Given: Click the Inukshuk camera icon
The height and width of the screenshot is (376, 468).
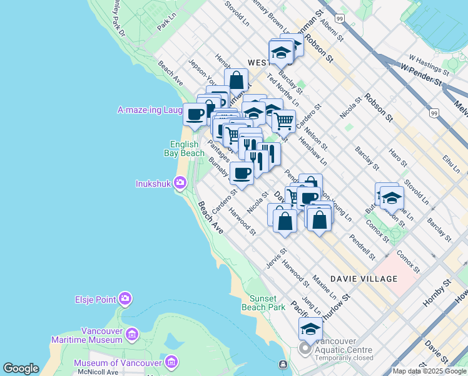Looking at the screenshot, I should (180, 183).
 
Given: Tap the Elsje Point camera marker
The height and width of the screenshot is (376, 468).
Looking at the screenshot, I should (126, 299).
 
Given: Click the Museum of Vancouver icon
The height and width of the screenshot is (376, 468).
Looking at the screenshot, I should (172, 363).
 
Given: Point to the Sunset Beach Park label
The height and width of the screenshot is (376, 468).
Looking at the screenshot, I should (268, 302).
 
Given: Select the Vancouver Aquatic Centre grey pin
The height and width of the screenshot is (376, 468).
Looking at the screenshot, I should (305, 348).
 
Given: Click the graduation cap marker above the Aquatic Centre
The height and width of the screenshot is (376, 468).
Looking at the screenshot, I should (310, 328).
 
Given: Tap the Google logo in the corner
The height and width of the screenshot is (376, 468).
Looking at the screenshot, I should (21, 368).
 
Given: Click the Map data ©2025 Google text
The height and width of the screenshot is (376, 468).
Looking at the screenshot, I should (429, 371).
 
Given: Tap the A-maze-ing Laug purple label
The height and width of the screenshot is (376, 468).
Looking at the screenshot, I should (150, 110).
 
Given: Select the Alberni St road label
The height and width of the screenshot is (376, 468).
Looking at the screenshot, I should (332, 29).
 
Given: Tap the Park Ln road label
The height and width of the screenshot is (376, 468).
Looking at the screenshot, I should (165, 24).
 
